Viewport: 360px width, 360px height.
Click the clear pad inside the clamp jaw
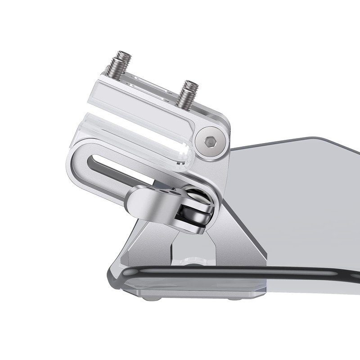[135, 135]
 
